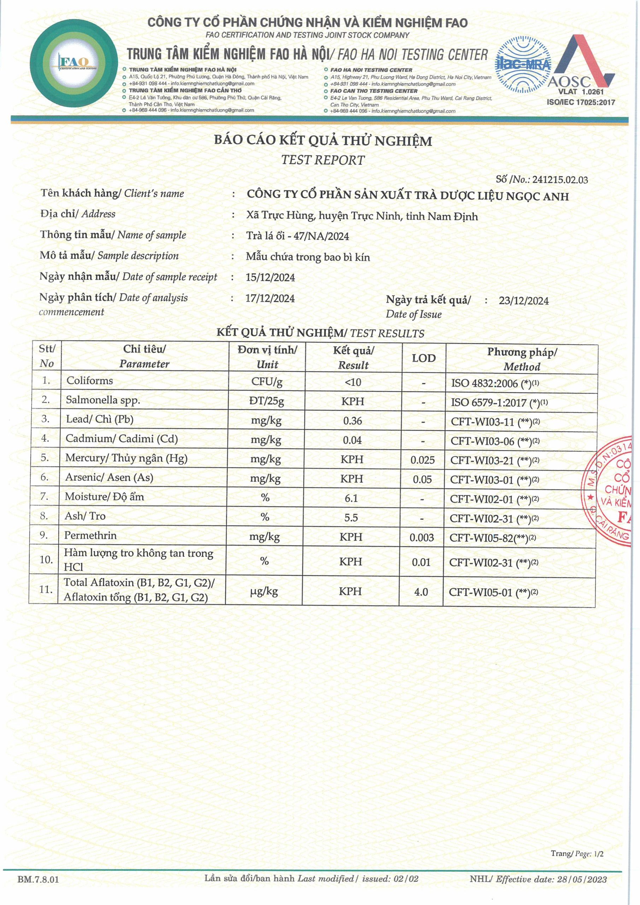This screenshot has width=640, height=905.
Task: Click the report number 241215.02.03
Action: coord(560,180)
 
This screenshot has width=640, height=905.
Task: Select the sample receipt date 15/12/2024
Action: coord(270,278)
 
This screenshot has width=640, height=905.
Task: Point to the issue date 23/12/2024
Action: coord(523,301)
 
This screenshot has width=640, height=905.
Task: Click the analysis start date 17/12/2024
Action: coord(270,298)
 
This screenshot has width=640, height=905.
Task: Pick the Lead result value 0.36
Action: coord(352,421)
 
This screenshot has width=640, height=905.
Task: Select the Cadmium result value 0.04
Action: coord(352,440)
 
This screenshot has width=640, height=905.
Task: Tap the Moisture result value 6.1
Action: coord(351,498)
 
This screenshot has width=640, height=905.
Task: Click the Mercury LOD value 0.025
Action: coord(422,460)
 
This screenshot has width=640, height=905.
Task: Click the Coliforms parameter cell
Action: coord(89,381)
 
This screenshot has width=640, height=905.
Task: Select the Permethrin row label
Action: coord(90,535)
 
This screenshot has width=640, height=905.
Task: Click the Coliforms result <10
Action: coord(353,383)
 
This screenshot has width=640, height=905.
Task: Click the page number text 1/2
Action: coord(599,854)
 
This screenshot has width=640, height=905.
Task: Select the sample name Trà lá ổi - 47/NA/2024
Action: coord(298,236)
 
